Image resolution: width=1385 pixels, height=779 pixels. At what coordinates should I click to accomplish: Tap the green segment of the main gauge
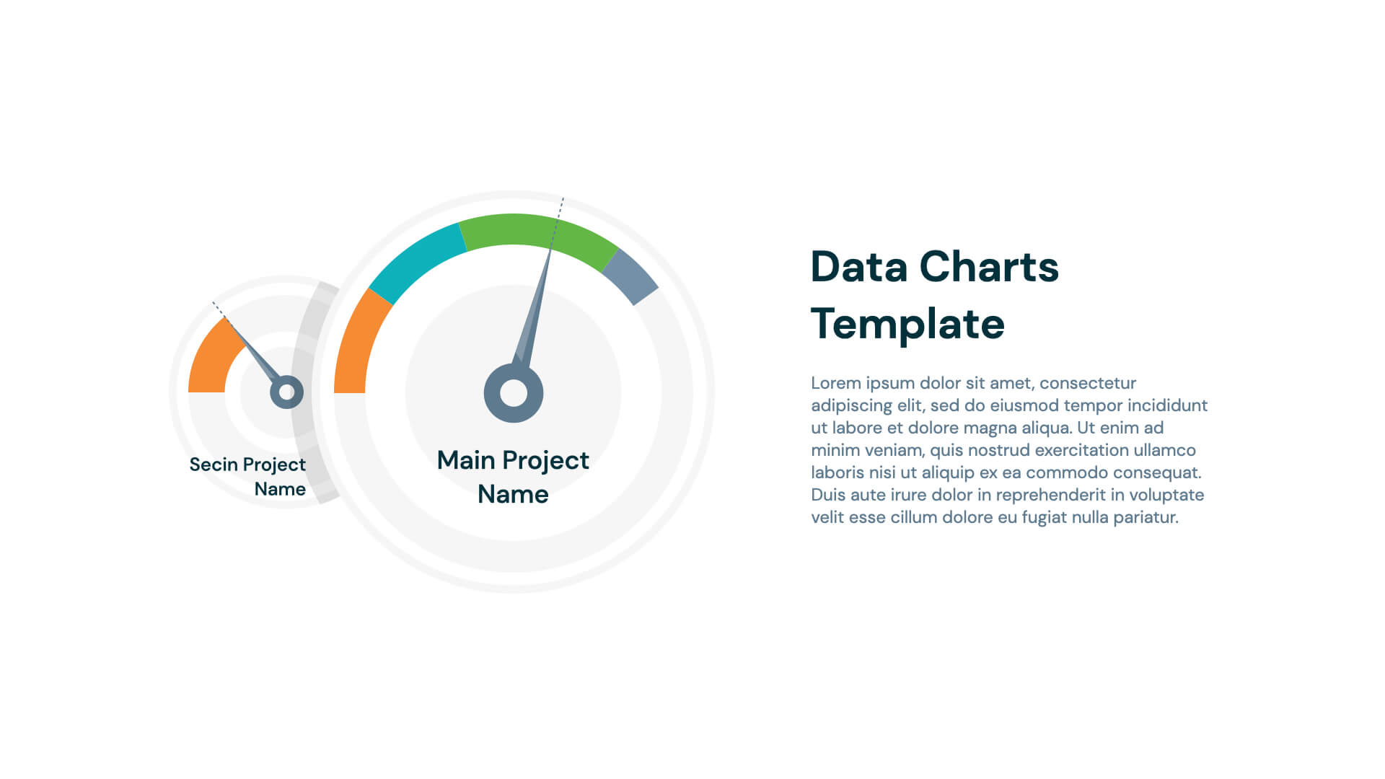[534, 231]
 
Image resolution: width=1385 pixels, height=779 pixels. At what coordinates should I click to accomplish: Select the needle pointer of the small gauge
[252, 350]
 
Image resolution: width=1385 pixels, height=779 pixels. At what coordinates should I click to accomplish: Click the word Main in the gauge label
[466, 460]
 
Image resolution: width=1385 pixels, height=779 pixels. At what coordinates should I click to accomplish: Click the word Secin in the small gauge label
[214, 465]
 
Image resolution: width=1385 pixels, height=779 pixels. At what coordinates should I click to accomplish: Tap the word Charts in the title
[989, 267]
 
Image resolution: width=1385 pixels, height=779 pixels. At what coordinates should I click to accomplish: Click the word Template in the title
[907, 325]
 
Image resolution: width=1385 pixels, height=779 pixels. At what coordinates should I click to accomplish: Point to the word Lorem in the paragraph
[836, 383]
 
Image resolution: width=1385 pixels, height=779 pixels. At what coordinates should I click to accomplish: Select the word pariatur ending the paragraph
[1146, 517]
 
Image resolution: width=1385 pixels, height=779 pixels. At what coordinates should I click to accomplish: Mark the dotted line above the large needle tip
[558, 216]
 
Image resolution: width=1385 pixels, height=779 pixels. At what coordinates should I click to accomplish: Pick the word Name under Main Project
[513, 495]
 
